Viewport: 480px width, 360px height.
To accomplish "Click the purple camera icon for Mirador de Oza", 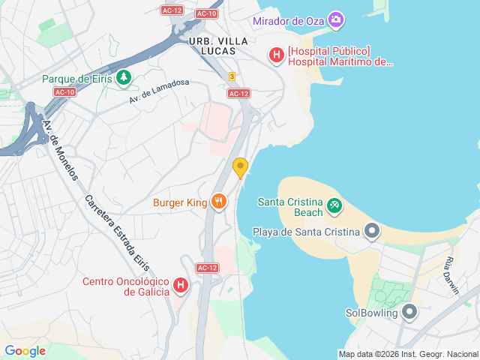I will point(336,19).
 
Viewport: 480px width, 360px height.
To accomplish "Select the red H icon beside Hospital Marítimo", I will point(276,55).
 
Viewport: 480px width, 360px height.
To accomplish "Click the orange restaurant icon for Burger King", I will point(218,201).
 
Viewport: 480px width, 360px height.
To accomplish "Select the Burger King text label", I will point(179,202).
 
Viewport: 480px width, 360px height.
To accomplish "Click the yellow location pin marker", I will point(240,167).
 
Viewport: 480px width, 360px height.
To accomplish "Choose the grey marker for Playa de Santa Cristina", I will point(371,231).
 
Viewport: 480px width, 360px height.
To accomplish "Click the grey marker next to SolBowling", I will point(409,311).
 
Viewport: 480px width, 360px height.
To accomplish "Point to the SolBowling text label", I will point(371,313).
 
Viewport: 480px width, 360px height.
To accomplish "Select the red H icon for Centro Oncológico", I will point(180,285).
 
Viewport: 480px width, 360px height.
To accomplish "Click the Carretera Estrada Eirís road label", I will point(117,233).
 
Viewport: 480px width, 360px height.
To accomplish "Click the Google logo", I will point(25,350).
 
